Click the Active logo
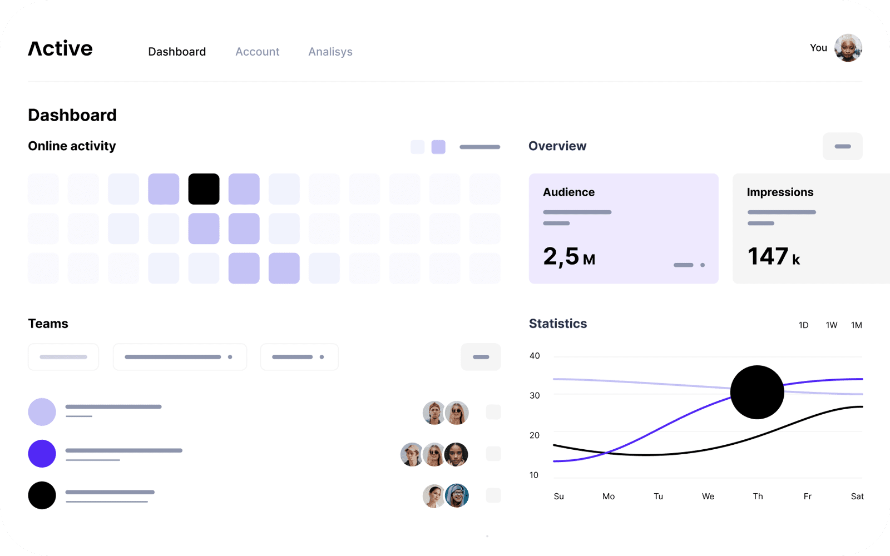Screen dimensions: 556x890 coord(60,49)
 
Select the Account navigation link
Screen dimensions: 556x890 coord(257,52)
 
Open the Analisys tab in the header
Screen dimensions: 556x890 coord(330,52)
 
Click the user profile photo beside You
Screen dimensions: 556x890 coord(848,48)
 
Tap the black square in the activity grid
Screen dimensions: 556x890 coord(204,189)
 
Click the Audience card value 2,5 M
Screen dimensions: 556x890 coord(569,257)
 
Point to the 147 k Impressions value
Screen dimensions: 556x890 coord(773,257)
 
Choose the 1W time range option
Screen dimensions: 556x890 coord(832,325)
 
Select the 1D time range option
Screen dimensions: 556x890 coord(803,325)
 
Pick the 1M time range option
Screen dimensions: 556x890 coord(857,325)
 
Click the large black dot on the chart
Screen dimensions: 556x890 coord(757,392)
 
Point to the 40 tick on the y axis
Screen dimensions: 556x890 coord(535,356)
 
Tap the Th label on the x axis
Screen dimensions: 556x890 coord(758,497)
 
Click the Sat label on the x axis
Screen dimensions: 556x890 coord(857,497)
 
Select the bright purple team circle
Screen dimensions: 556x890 coord(42,454)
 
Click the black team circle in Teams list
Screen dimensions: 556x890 coord(42,495)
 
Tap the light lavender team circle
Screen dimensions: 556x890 coord(42,412)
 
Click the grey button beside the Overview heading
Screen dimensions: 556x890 coord(843,146)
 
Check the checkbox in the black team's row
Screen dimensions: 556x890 coord(493,495)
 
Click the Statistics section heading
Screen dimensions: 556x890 coord(558,324)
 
